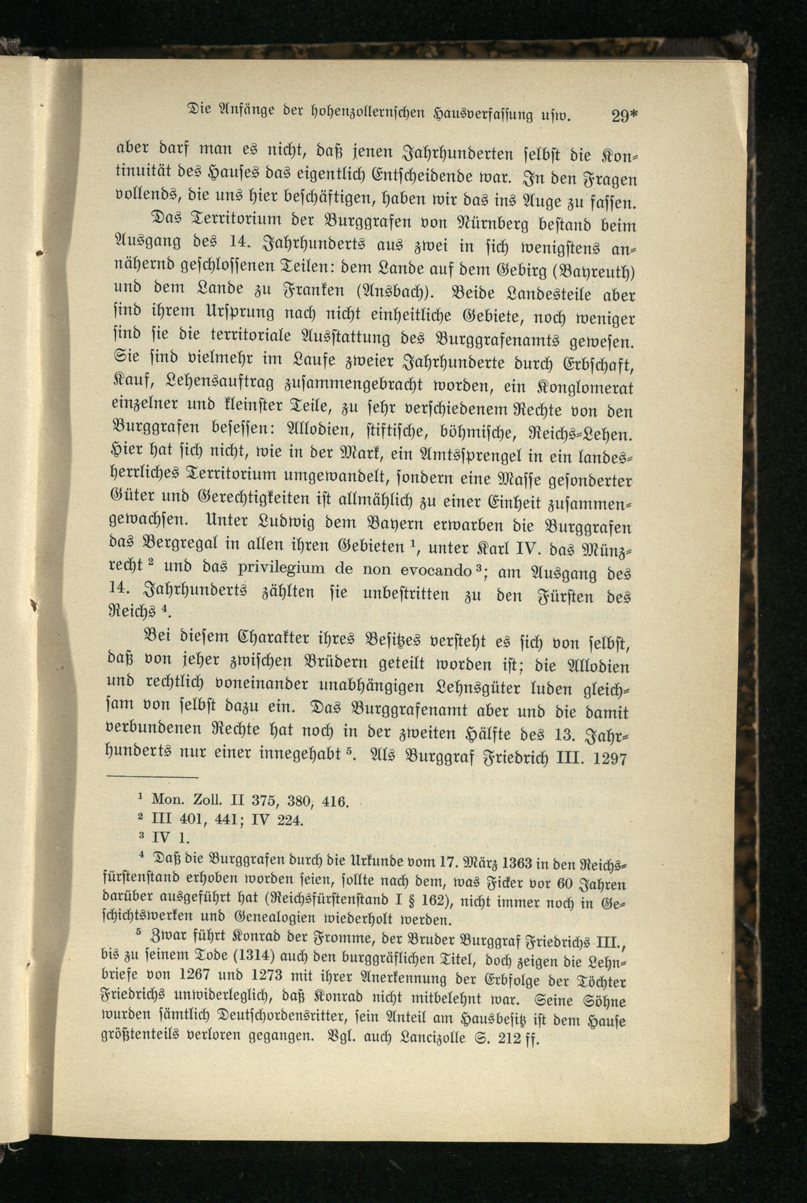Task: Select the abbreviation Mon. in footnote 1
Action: point(164,801)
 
